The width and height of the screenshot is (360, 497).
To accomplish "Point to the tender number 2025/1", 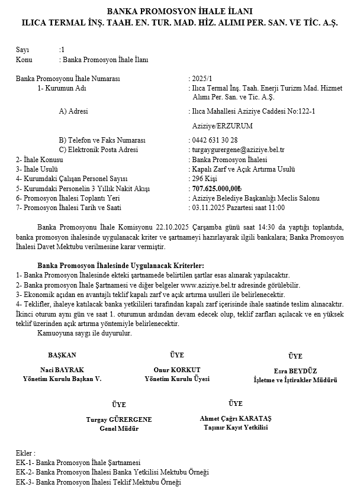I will pos(202,78).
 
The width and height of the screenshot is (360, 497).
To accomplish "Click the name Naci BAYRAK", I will pos(62,369).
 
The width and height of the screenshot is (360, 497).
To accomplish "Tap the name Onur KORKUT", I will pos(177,369).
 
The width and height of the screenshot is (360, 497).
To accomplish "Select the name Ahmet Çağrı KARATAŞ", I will pos(235,417).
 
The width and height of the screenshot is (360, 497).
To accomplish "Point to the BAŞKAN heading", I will pos(62,355).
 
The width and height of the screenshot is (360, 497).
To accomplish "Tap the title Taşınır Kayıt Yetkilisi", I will pos(235,426).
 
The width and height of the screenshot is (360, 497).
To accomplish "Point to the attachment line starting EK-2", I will pos(112,472).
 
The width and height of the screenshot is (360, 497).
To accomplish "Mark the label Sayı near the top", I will pos(22,50).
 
